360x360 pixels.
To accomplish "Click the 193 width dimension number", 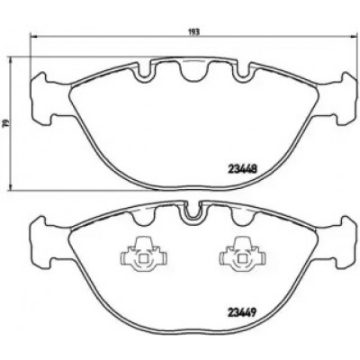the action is click(x=194, y=31).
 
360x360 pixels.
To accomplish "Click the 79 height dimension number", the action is click(x=4, y=122).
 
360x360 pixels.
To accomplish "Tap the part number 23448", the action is click(x=242, y=170).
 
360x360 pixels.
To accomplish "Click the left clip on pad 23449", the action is click(x=144, y=255).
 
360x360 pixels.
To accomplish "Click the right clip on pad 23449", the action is click(x=242, y=255).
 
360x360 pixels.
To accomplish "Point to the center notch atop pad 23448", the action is click(x=194, y=71).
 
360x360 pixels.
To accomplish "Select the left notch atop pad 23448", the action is click(x=146, y=72).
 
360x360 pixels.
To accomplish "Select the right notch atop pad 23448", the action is click(x=243, y=72).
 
